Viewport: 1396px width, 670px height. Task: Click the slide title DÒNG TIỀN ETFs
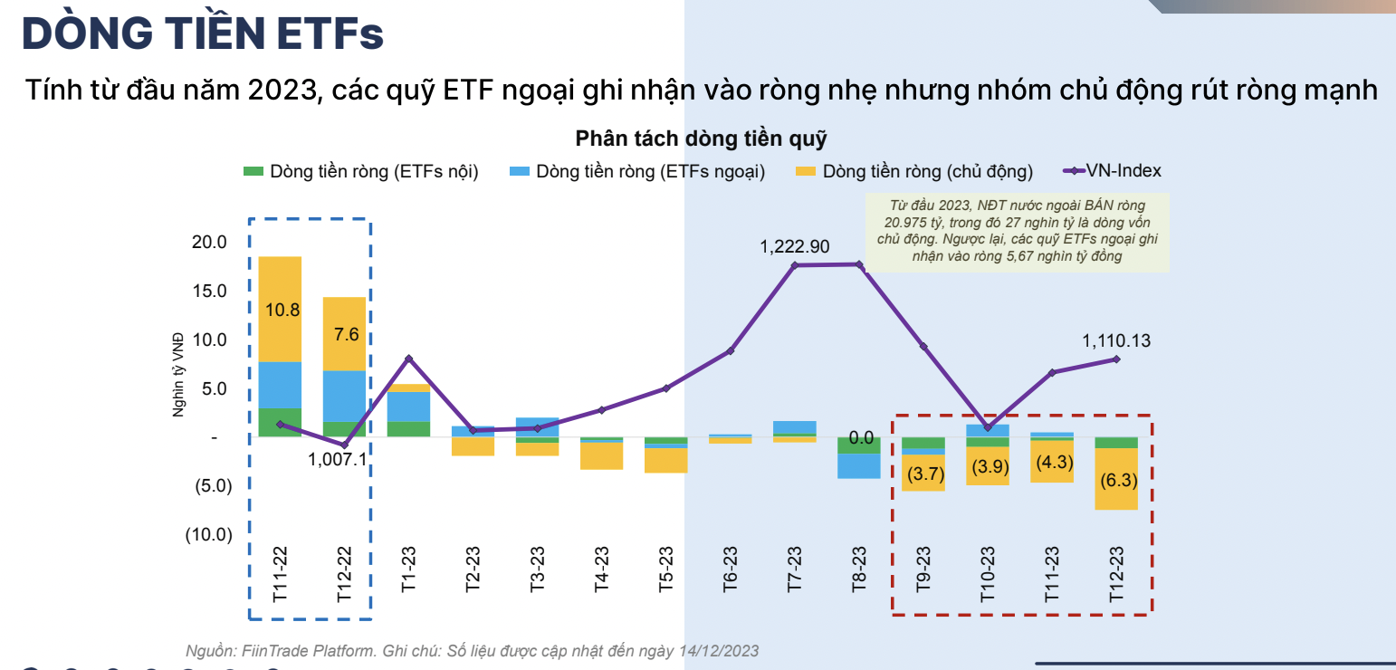pos(203,33)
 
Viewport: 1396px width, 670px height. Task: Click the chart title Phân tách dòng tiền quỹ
pos(701,139)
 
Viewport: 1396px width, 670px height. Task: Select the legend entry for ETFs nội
pos(361,171)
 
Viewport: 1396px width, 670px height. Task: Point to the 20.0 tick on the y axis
pos(209,242)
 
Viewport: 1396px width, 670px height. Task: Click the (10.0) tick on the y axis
pos(208,534)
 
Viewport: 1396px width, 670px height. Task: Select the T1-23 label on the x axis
pos(409,569)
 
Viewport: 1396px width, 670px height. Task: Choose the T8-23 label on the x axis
pos(859,569)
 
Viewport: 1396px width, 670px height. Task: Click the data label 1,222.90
pos(794,246)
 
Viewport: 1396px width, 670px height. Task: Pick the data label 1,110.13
pos(1116,340)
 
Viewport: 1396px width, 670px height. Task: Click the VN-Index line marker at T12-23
pos(1116,359)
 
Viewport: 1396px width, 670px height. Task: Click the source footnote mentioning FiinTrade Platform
pos(472,650)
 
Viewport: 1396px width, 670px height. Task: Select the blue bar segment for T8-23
pos(859,465)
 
